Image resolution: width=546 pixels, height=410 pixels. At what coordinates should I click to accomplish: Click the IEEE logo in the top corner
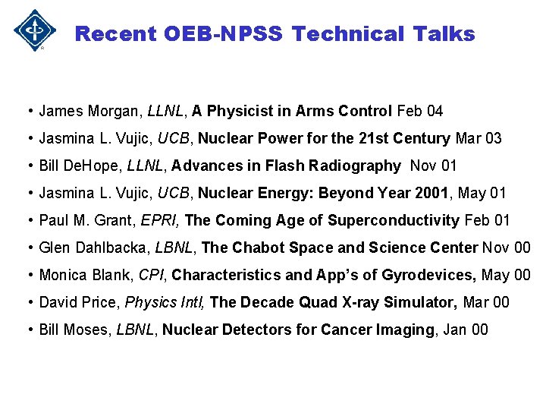(x=34, y=30)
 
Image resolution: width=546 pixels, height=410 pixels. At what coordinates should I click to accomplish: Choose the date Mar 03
(x=479, y=139)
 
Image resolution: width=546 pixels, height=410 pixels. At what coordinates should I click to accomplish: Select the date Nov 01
(x=435, y=166)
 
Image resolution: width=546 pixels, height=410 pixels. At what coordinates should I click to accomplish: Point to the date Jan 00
(x=466, y=330)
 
